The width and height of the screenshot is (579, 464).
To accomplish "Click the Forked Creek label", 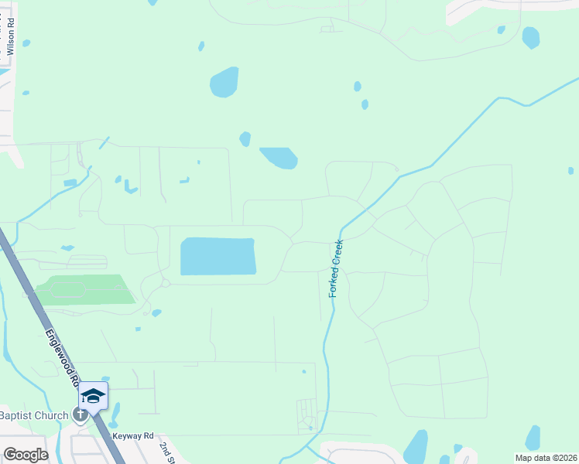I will pos(337,268).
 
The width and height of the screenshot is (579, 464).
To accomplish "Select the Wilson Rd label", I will pos(11,37).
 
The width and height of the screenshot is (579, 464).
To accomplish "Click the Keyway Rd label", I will pos(133,436).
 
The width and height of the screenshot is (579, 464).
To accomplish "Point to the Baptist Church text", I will pos(34,416).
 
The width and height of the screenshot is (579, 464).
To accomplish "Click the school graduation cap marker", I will pos(94,396).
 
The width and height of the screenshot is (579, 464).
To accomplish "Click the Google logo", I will pos(25,454).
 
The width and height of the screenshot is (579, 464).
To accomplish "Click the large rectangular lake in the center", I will pos(218,256).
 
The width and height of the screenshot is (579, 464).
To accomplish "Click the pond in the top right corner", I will pos(531,37).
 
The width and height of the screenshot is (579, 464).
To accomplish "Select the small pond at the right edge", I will pos(570,170).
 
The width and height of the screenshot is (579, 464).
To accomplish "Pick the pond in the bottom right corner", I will pos(533,438).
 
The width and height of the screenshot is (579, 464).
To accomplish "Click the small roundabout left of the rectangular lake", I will pos(166,284).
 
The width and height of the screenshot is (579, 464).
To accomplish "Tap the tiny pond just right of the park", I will pos(156,313).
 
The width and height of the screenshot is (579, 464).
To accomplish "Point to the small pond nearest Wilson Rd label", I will pos(26,43).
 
